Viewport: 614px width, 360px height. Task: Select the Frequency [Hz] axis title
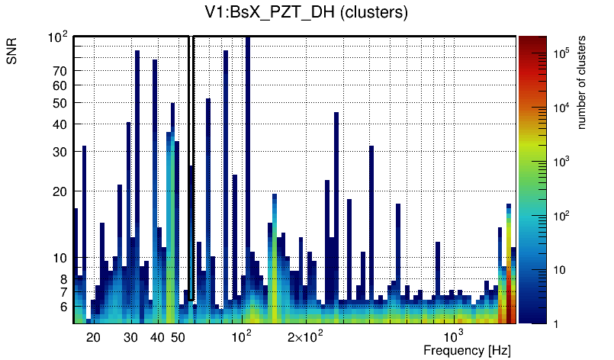[x=467, y=350]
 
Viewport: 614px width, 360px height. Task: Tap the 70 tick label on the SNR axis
[x=60, y=71]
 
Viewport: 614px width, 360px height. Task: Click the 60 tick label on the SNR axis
[x=60, y=85]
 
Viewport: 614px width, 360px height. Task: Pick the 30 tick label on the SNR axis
[x=60, y=152]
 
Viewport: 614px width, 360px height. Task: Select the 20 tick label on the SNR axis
[x=60, y=191]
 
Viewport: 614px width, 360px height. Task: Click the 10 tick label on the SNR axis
[x=60, y=259]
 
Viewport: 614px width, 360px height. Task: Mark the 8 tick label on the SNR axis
[x=63, y=279]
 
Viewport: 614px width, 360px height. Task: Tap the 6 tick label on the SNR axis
[x=63, y=307]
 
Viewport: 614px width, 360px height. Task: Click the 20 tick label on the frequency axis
[x=93, y=337]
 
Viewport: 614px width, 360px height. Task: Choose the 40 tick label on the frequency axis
[x=157, y=337]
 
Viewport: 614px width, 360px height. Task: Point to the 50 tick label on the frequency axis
[x=178, y=337]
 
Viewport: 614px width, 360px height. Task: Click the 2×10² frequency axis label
[x=305, y=336]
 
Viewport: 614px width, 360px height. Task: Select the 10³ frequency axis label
[x=453, y=336]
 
